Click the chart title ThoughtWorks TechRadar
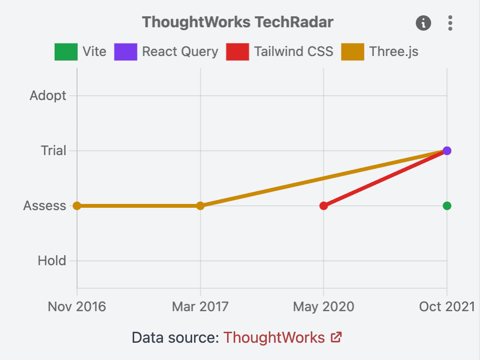(x=238, y=22)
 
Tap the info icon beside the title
(x=423, y=22)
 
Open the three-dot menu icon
(x=450, y=22)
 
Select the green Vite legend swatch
(x=66, y=52)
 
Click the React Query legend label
(x=180, y=52)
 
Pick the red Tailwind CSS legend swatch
(x=237, y=52)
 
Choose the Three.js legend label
(x=394, y=52)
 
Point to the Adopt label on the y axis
(x=48, y=96)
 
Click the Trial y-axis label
(x=53, y=151)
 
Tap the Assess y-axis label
(x=45, y=206)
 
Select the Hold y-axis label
(x=52, y=261)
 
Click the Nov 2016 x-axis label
(x=77, y=306)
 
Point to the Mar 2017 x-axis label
(x=200, y=306)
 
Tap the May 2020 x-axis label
(x=324, y=306)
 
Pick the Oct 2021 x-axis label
(x=446, y=306)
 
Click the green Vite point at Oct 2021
(x=447, y=206)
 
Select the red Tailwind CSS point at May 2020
(x=324, y=206)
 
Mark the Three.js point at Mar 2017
(x=200, y=206)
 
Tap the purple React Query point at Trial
(x=447, y=151)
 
